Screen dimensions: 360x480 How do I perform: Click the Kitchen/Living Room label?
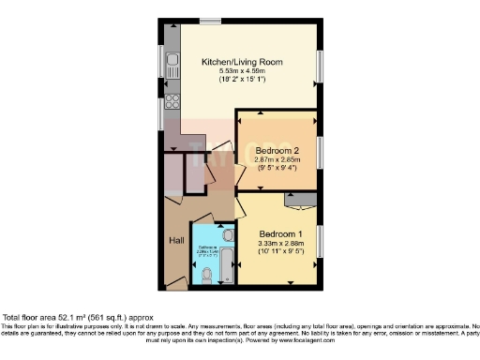(242, 63)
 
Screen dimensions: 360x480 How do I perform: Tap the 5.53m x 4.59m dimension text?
(242, 72)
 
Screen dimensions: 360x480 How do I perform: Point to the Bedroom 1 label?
(280, 233)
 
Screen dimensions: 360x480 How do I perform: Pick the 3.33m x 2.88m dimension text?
(280, 243)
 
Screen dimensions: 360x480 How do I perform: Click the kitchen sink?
(172, 66)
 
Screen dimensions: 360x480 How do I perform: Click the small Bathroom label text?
(208, 249)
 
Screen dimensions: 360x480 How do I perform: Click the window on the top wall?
(210, 21)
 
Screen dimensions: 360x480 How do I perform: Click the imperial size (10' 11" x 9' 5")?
(280, 251)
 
